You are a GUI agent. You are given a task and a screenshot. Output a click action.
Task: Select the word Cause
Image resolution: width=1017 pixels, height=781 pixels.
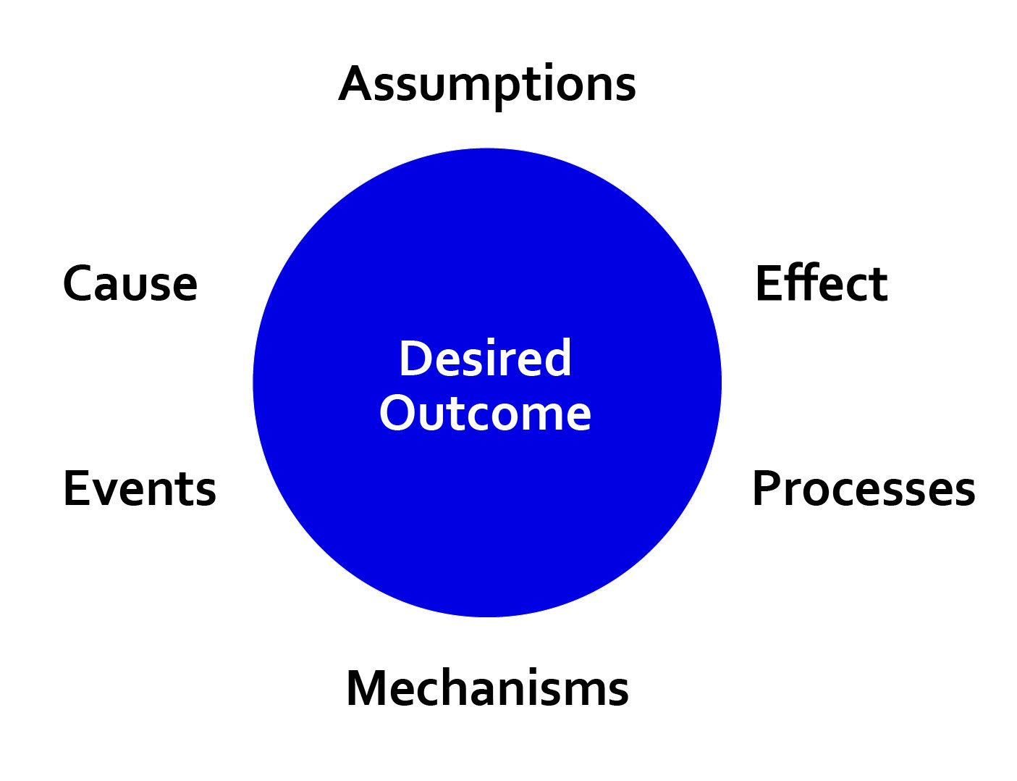pos(130,283)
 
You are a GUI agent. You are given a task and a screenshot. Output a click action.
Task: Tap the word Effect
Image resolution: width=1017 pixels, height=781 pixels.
pos(822,283)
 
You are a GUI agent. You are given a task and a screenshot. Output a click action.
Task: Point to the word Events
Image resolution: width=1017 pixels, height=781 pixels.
pos(140,488)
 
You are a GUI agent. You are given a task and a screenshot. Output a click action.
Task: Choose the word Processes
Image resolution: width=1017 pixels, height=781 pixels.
pos(864,488)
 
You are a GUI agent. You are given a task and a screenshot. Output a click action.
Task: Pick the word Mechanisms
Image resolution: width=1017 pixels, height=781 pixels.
pos(487,688)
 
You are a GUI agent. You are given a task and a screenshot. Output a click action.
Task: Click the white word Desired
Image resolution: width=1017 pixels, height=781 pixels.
pos(485,358)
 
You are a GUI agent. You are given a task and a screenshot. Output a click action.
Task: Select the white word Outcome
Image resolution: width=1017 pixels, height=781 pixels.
pos(485,413)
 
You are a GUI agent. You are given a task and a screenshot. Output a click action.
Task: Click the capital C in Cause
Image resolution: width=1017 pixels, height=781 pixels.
pos(78,283)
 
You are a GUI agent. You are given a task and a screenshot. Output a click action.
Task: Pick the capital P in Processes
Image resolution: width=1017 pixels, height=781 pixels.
pos(766,488)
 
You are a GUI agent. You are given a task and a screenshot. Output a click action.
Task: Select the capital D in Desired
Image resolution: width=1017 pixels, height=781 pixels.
pos(415,358)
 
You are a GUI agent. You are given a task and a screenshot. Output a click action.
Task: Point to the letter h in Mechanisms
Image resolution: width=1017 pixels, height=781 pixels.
pos(460,687)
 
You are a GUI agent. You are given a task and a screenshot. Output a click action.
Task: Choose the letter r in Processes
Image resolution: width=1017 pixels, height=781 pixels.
pos(792,493)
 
